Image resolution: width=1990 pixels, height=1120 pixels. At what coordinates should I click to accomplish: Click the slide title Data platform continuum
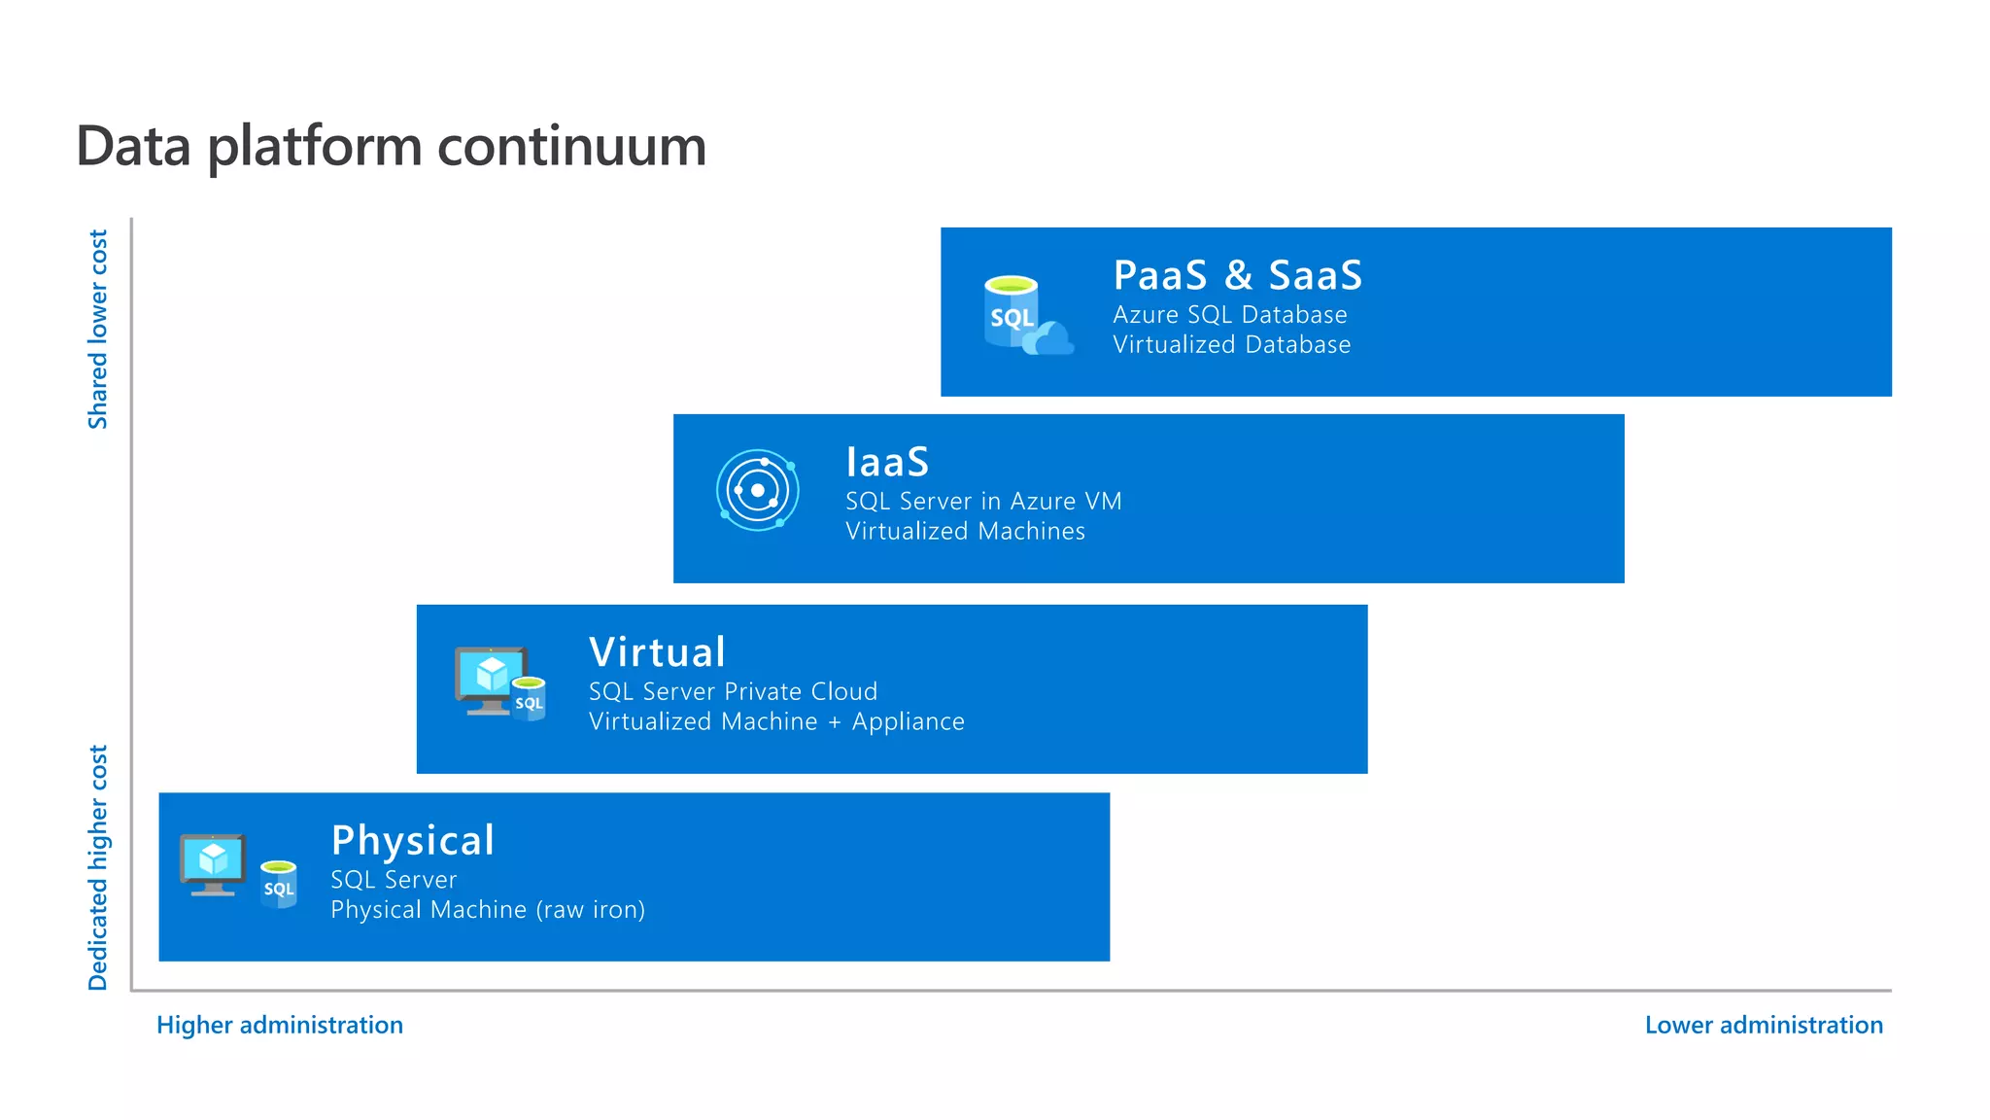(391, 147)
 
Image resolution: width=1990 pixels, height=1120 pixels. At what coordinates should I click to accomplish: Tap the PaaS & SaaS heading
(1237, 275)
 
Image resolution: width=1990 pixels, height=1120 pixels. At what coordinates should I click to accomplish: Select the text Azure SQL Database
(1229, 315)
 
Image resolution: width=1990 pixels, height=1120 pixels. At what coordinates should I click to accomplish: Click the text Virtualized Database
(1231, 345)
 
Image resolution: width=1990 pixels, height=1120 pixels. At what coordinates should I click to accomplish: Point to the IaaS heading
(887, 462)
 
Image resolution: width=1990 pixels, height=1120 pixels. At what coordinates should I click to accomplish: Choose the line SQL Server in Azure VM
(983, 502)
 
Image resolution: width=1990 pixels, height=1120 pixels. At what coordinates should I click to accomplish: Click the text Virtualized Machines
(965, 532)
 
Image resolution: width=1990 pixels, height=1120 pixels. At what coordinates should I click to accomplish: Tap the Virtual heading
(657, 652)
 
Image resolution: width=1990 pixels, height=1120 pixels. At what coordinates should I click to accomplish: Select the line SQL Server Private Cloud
(733, 692)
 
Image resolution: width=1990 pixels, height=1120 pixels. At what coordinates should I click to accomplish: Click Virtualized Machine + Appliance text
(776, 722)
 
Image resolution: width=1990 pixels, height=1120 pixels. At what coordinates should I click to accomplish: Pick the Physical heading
(413, 840)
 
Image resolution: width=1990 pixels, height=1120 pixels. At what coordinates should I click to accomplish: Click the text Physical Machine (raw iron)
(488, 910)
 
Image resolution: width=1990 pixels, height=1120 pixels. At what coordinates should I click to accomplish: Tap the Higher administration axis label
(280, 1025)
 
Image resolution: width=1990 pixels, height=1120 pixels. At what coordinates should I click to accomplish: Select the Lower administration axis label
(1764, 1025)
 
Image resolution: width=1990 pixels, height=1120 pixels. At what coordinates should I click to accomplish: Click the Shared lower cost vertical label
(98, 329)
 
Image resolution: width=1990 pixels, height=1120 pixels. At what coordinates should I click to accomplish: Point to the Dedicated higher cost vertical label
(98, 867)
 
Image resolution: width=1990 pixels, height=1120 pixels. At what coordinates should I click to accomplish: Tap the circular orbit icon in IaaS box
(758, 490)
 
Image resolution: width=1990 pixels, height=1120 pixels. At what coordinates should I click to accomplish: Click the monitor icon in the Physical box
(213, 863)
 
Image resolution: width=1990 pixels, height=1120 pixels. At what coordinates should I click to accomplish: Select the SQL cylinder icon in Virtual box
(530, 699)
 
